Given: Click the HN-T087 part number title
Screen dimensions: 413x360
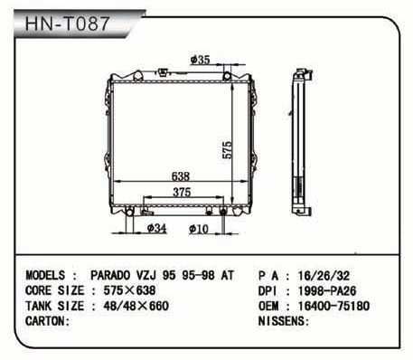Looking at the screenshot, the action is [67, 24].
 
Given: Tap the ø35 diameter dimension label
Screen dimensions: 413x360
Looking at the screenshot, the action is [200, 60].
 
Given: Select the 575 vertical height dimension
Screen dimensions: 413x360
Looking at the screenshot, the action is [227, 150].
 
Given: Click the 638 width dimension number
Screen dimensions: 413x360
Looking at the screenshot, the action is [181, 176].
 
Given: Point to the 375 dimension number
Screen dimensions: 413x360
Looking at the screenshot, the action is [182, 192].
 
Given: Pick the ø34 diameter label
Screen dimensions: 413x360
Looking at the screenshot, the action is [156, 228].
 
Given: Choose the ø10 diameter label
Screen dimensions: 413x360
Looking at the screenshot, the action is [199, 229].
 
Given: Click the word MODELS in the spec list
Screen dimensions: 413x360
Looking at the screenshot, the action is [45, 275].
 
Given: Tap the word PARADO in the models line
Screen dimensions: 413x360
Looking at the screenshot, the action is [110, 275].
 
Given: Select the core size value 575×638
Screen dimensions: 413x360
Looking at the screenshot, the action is [129, 290].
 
